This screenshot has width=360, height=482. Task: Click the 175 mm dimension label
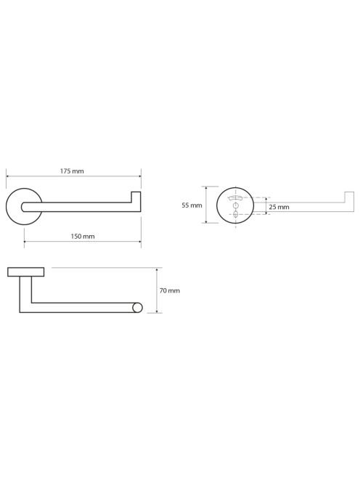(72, 171)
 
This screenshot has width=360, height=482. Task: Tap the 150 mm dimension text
(83, 237)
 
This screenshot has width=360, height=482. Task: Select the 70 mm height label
(170, 290)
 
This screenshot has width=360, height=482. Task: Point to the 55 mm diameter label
(192, 205)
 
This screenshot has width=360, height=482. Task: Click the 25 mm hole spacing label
(279, 207)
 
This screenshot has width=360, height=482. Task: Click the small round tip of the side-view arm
(137, 308)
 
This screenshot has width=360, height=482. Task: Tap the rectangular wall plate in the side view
(26, 272)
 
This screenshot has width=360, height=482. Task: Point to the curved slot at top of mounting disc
(235, 198)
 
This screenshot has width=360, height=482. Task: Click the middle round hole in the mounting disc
(235, 205)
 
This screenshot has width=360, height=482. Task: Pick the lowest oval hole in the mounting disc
(235, 214)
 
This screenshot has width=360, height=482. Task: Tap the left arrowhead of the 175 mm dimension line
(8, 176)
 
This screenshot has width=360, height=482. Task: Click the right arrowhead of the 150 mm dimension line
(139, 242)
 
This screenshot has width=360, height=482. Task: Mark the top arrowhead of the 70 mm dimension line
(157, 269)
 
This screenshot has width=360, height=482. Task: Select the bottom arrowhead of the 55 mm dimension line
(206, 221)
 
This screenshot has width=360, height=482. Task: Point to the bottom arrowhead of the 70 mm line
(157, 311)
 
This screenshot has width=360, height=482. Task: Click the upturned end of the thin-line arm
(349, 197)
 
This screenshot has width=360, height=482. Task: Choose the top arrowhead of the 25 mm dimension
(266, 199)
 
